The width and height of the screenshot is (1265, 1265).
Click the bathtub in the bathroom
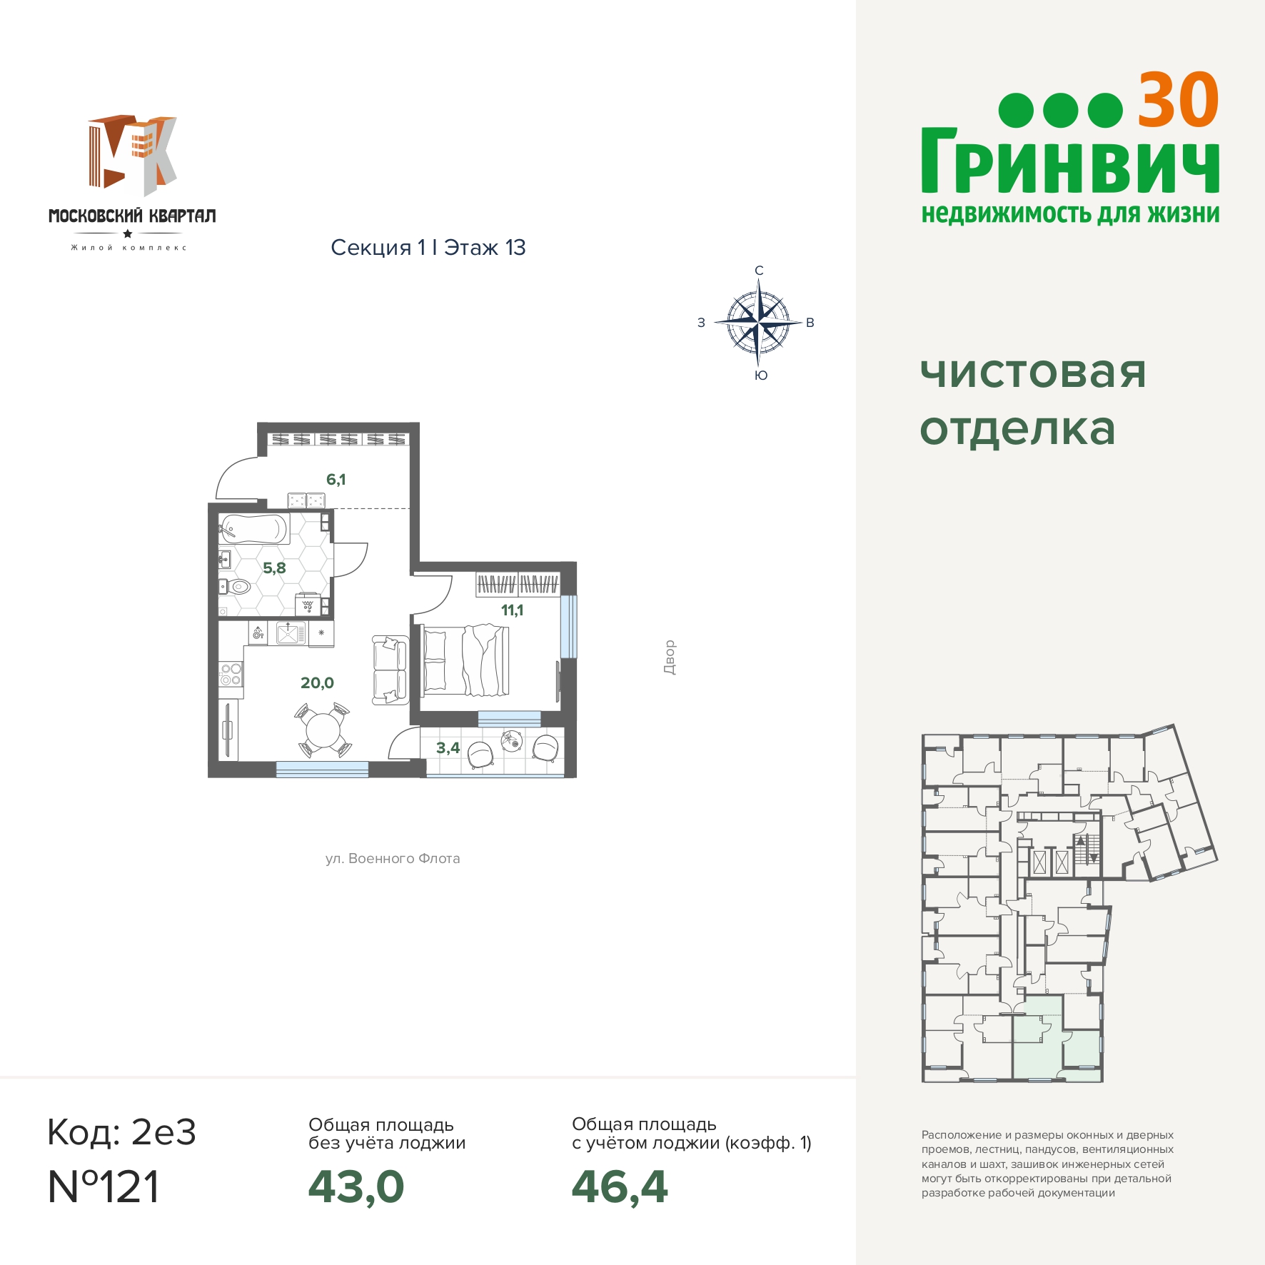pos(254,530)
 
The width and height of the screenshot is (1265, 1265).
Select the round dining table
pos(323,730)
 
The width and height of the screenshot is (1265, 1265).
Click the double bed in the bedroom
pos(465,660)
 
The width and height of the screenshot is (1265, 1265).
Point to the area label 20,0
pos(317,683)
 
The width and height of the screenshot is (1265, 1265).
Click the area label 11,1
pos(512,610)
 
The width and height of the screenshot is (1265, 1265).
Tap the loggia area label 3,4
pos(448,748)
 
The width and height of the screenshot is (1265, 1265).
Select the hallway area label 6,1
pos(336,480)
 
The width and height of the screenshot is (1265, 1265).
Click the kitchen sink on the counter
pos(291,633)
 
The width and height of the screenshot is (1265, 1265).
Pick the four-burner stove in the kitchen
pos(231,675)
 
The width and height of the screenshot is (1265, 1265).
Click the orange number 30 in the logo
pos(1178,101)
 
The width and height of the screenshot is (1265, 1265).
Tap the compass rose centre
pos(758,323)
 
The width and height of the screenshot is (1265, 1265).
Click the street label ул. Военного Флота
pos(393,859)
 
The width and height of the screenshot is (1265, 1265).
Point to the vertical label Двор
pos(669,657)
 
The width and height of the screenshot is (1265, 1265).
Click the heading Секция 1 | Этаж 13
pos(428,248)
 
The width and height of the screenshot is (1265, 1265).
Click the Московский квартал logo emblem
pos(133,156)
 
